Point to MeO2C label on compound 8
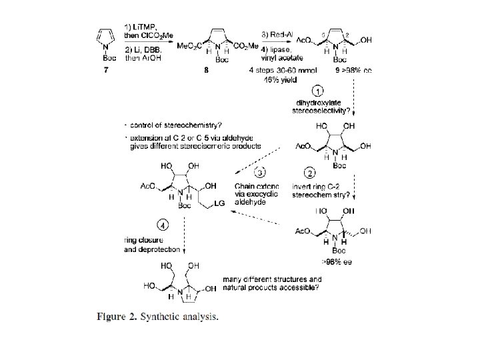189,45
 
